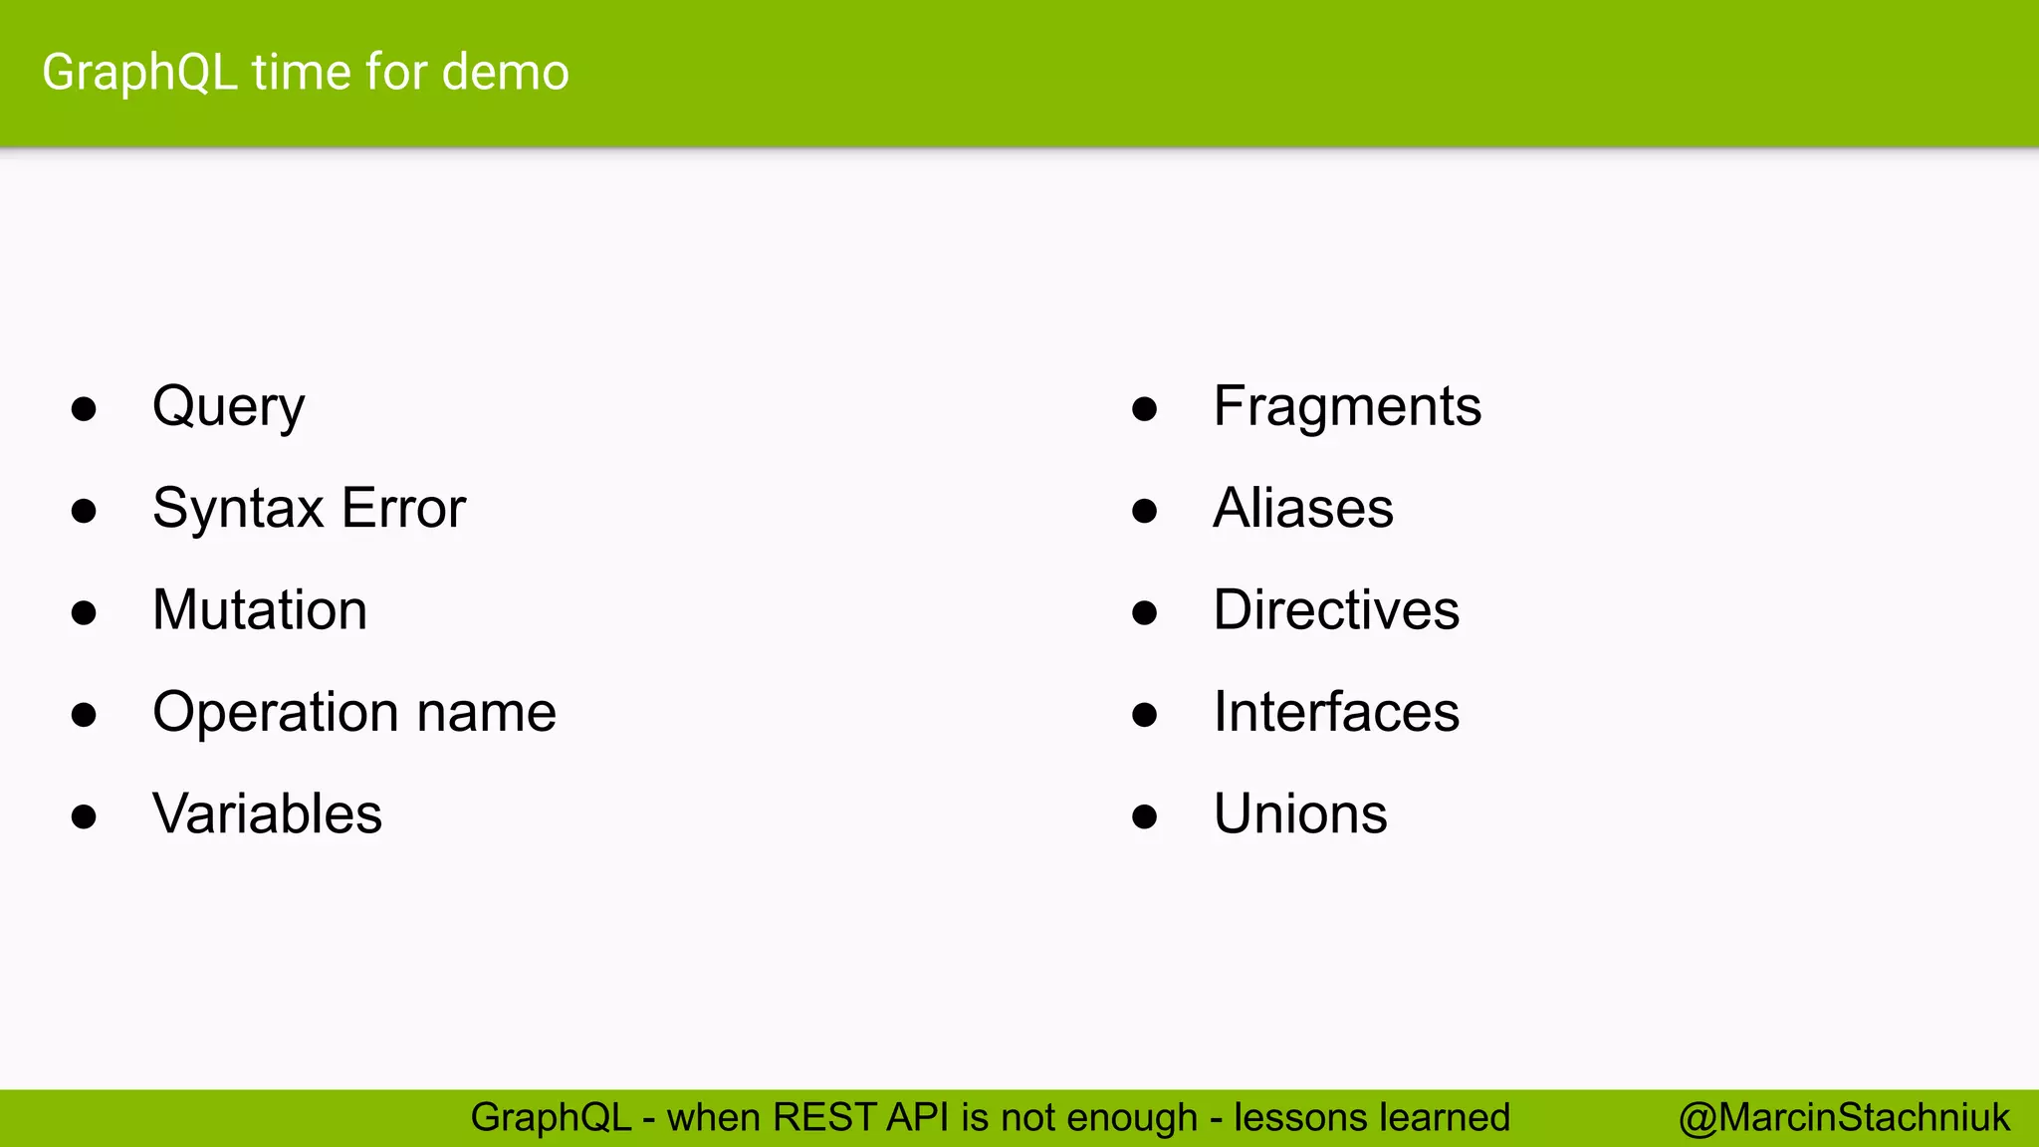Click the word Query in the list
tap(228, 408)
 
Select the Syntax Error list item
tap(309, 509)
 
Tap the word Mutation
tap(260, 610)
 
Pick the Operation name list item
tap(353, 713)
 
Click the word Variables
tap(267, 814)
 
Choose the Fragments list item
tap(1347, 408)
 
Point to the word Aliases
tap(1303, 509)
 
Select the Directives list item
tap(1336, 610)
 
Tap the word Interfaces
tap(1336, 713)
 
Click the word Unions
tap(1300, 814)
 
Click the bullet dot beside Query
tap(84, 409)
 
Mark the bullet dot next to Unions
tap(1145, 817)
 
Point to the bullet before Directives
tap(1145, 613)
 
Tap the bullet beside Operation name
tap(84, 715)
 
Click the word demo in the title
tap(505, 73)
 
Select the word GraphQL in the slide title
tap(139, 73)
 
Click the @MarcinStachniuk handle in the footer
tap(1844, 1118)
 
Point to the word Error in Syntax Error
tap(403, 509)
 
